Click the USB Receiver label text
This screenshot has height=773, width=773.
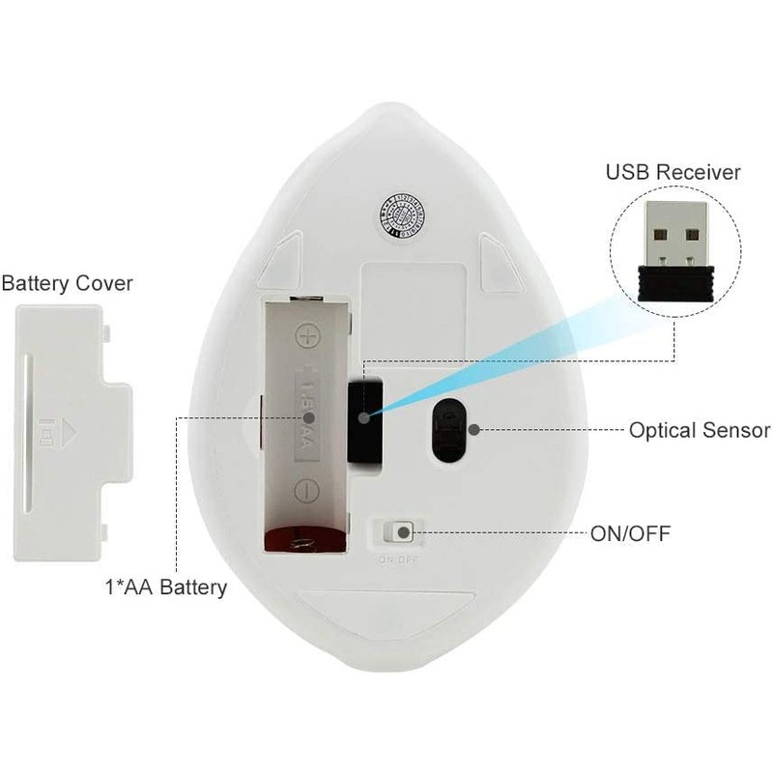pos(673,173)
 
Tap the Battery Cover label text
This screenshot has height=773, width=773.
pos(68,284)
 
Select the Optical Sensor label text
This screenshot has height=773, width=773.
pos(699,430)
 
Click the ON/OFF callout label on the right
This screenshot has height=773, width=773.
pos(630,531)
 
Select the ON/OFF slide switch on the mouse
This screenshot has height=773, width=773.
pos(397,532)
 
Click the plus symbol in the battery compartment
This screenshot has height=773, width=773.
pos(307,336)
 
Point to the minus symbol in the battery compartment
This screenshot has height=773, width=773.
pos(306,491)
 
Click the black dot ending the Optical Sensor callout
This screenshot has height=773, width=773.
pos(473,429)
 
